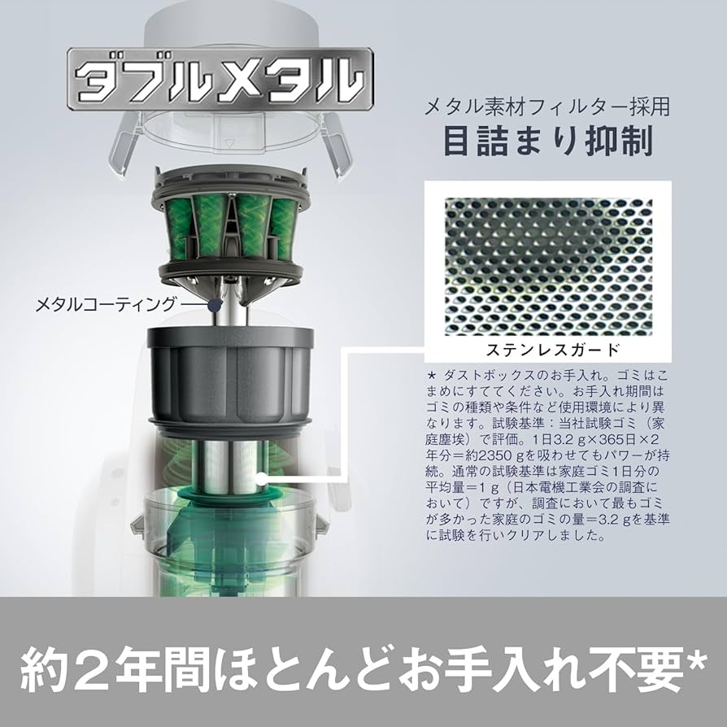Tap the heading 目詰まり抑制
548,141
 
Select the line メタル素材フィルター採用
547,107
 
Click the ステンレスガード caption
553,349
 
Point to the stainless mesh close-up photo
548,267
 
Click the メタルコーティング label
106,305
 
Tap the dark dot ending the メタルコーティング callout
214,305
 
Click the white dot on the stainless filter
262,477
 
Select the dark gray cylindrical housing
230,376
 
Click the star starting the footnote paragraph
431,375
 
